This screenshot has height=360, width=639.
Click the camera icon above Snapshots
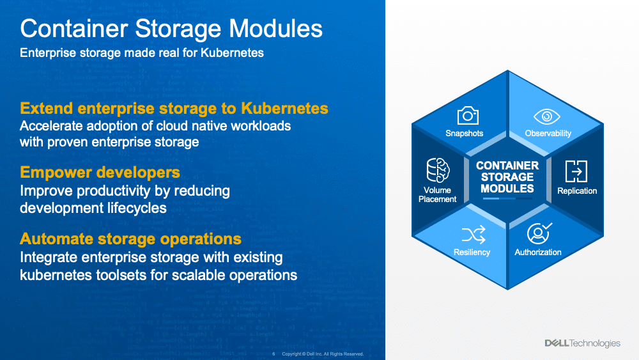point(468,115)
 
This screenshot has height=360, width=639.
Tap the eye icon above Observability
point(546,116)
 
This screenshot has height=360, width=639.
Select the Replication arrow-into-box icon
point(576,171)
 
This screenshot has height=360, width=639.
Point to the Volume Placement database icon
point(438,170)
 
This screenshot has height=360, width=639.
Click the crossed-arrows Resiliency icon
point(473,235)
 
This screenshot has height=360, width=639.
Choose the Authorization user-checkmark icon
point(539,233)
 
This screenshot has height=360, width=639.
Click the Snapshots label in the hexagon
point(464,133)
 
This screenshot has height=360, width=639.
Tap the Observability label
point(548,133)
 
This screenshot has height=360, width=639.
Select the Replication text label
point(577,191)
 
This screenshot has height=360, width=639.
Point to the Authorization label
point(538,253)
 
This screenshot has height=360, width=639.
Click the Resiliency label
point(472,253)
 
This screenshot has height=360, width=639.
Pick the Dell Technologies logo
point(582,343)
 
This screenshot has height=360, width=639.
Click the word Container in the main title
point(74,29)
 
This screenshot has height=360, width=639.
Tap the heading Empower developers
point(100,172)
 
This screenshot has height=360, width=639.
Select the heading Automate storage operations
point(130,239)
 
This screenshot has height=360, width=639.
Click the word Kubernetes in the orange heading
point(284,109)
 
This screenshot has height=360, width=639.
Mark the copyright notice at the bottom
point(323,354)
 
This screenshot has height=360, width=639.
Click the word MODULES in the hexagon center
point(507,189)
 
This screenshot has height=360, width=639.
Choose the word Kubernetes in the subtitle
point(232,53)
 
